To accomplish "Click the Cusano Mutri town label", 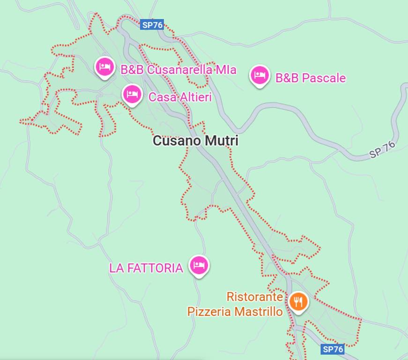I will pos(195,141).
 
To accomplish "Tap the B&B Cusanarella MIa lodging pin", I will pos(104,67).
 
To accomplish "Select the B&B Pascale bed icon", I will pos(259,75).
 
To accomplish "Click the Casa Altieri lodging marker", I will pos(133,95).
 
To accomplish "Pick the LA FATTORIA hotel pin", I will pos(199,266).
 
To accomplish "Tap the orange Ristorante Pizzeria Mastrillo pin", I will pos(298,301).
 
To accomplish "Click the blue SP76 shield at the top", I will pos(152,25).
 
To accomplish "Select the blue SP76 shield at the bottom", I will pos(333,349).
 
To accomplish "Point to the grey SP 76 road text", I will pos(382,150).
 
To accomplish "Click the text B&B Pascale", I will pos(310,78).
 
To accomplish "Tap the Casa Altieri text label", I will pos(180,97).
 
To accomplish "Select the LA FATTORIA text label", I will pos(146,268).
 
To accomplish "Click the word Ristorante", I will pos(254,297).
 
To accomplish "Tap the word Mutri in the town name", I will pos(222,141).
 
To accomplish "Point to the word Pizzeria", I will pos(209,311).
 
